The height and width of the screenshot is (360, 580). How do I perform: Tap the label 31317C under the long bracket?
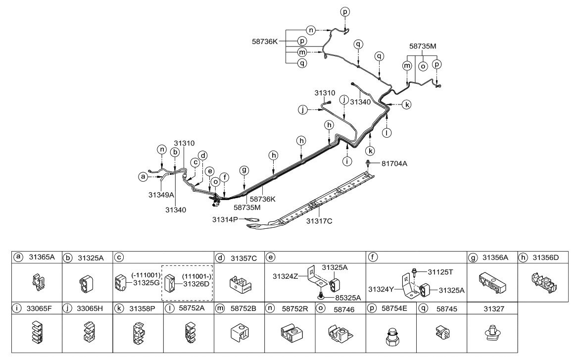click(x=320, y=221)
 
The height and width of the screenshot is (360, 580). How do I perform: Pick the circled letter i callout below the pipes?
click(x=347, y=161)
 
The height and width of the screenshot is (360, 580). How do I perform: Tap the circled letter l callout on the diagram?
click(x=387, y=132)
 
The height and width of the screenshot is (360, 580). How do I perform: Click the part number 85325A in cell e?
click(x=340, y=298)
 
